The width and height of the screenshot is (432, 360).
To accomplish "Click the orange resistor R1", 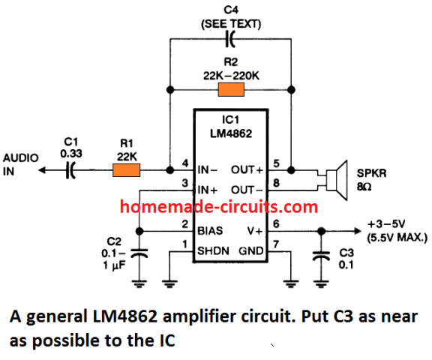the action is pyautogui.click(x=127, y=170).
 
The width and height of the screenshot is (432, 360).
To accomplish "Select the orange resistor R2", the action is pyautogui.click(x=231, y=89).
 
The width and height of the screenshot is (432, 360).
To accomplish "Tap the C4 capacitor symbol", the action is pyautogui.click(x=230, y=39).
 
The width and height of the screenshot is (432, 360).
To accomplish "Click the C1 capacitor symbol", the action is pyautogui.click(x=70, y=170).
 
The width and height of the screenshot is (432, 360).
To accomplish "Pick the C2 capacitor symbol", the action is pyautogui.click(x=139, y=253).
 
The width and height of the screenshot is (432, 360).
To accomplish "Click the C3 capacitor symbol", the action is pyautogui.click(x=321, y=256).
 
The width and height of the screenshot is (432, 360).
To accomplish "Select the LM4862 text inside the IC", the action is pyautogui.click(x=231, y=133).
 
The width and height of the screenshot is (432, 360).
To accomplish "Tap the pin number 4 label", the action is pyautogui.click(x=185, y=163).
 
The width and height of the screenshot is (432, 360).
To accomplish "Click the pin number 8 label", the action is pyautogui.click(x=276, y=183).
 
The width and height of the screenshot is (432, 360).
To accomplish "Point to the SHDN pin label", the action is pyautogui.click(x=213, y=251).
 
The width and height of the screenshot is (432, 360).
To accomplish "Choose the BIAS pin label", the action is pyautogui.click(x=210, y=231).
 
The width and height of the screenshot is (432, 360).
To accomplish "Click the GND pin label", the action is pyautogui.click(x=251, y=251).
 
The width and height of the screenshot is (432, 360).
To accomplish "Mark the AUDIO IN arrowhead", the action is pyautogui.click(x=41, y=170).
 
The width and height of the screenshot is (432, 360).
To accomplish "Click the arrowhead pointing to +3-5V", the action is pyautogui.click(x=357, y=231).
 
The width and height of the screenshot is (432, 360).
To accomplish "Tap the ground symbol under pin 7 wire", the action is pyautogui.click(x=291, y=283).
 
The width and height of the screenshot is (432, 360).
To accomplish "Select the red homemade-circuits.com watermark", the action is pyautogui.click(x=219, y=206).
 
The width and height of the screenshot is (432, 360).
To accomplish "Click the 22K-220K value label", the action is pyautogui.click(x=231, y=76).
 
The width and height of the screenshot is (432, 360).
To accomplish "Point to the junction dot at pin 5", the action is pyautogui.click(x=291, y=170).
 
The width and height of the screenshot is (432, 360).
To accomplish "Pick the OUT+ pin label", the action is pyautogui.click(x=247, y=170).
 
